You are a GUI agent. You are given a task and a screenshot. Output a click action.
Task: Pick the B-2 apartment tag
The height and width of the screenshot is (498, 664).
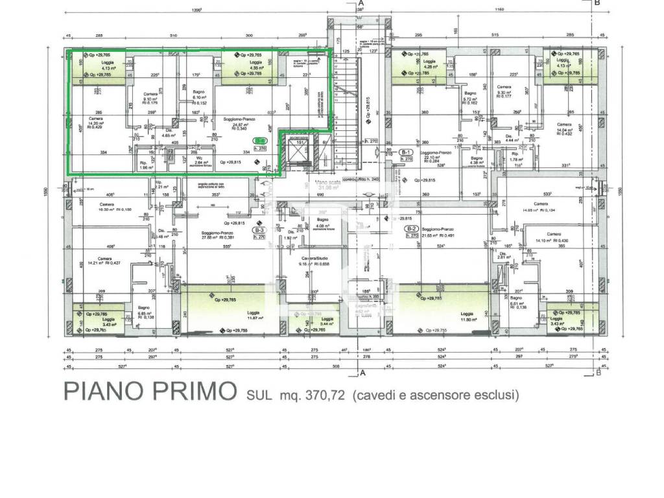[x=411, y=232]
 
